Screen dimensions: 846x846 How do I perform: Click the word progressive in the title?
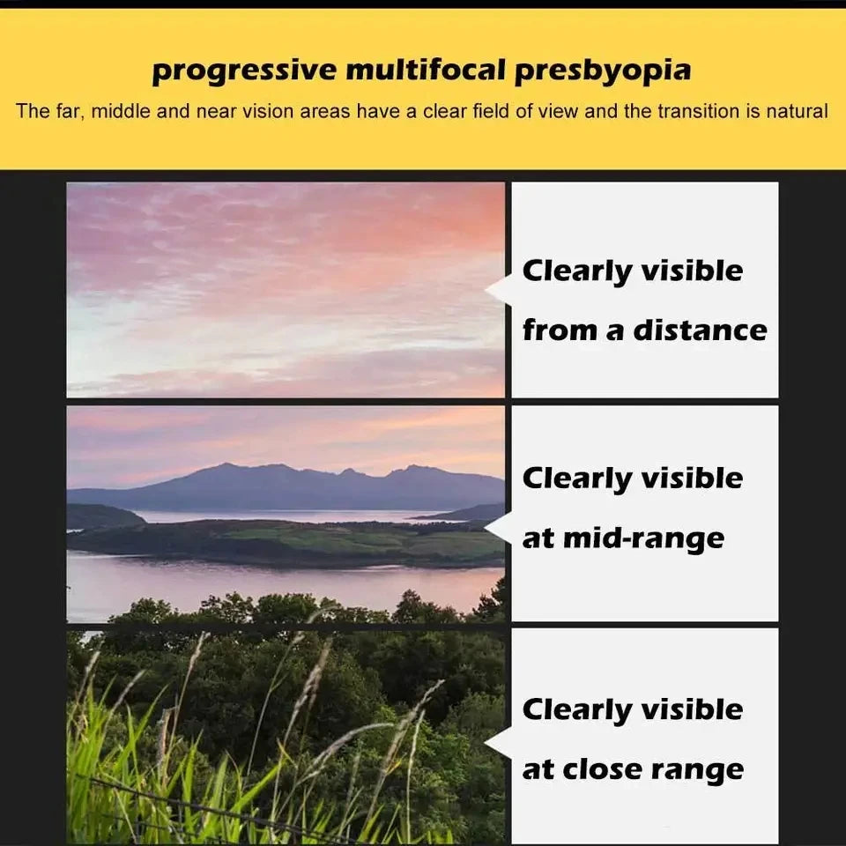click(x=244, y=71)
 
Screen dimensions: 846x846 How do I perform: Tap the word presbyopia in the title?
click(x=603, y=71)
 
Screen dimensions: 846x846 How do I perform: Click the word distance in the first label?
click(x=700, y=330)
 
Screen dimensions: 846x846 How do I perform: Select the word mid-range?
click(x=643, y=538)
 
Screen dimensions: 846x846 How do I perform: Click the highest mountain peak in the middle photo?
click(x=229, y=464)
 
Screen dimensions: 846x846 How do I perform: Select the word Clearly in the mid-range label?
click(x=576, y=479)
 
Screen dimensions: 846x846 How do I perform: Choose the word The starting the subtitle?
click(x=33, y=111)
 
